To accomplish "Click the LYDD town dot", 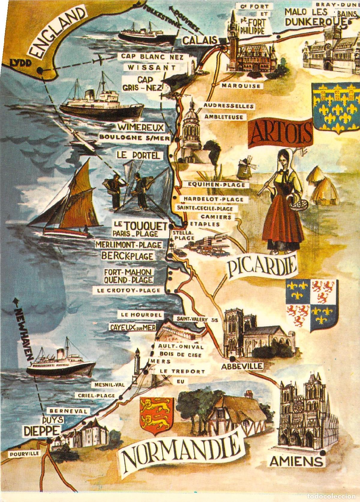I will click(x=39, y=71).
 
